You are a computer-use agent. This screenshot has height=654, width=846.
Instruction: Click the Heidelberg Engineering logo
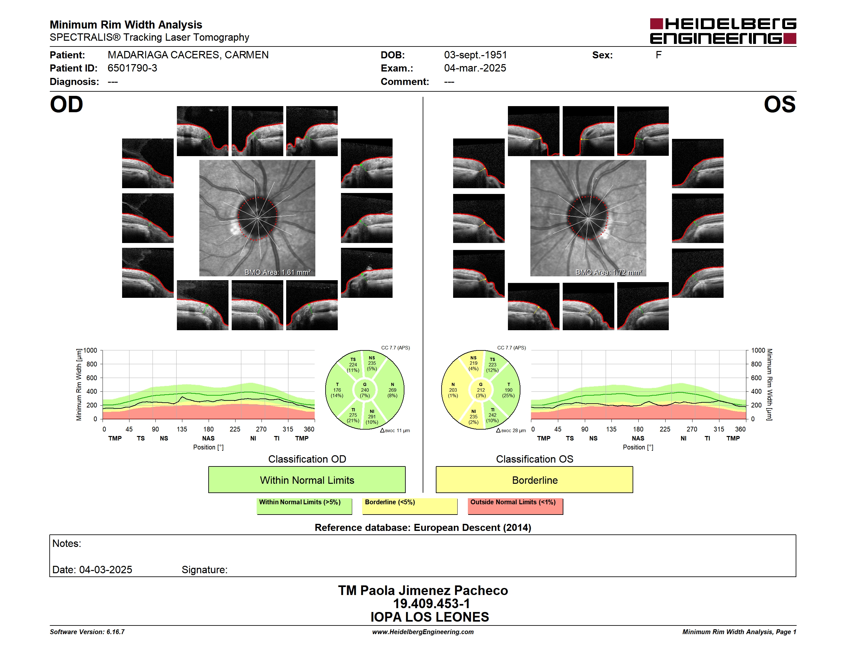click(723, 31)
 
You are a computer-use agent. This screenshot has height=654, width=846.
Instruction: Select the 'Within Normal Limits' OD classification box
click(307, 480)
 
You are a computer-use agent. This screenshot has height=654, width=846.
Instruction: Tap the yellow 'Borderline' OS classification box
click(535, 480)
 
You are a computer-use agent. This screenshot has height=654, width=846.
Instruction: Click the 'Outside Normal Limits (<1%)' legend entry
click(515, 506)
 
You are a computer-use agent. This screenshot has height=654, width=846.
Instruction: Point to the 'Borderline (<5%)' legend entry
click(410, 506)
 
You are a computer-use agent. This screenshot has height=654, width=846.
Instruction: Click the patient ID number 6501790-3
click(132, 68)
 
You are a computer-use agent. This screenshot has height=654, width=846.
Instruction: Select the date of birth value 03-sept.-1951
click(475, 55)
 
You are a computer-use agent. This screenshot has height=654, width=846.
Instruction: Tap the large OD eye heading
click(67, 105)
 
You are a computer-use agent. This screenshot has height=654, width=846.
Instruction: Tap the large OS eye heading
click(779, 105)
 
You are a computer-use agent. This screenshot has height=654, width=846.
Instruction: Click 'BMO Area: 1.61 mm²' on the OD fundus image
click(277, 272)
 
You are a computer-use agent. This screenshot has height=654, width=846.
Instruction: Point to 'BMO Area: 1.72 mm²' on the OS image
click(609, 272)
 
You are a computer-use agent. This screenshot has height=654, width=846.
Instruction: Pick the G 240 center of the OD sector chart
click(364, 390)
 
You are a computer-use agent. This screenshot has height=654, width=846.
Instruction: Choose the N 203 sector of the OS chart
click(453, 390)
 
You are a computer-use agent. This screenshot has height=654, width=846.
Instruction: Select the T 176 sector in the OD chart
click(337, 390)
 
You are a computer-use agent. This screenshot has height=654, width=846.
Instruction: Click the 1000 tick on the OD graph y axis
click(90, 350)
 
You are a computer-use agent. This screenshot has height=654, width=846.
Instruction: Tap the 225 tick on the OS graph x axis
click(665, 429)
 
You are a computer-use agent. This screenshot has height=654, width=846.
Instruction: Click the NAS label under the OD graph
click(208, 438)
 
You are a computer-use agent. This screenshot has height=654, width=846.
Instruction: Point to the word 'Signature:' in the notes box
click(204, 570)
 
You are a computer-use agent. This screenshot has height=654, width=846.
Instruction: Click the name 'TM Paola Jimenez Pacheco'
click(423, 590)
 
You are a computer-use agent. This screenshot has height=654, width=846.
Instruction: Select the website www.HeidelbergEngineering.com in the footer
click(423, 632)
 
